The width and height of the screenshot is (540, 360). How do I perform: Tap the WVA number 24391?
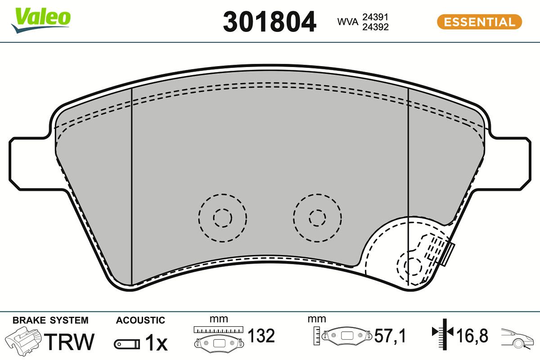pyautogui.click(x=375, y=17)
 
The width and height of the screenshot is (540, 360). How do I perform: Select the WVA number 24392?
pyautogui.click(x=375, y=27)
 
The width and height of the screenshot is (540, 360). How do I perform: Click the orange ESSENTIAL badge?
pyautogui.click(x=479, y=22)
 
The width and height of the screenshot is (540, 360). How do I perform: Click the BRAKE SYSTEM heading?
pyautogui.click(x=50, y=320)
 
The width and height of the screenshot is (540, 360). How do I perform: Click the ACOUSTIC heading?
pyautogui.click(x=140, y=320)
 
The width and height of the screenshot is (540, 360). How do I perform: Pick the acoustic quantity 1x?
pyautogui.click(x=156, y=344)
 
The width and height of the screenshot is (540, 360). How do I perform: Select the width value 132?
pyautogui.click(x=261, y=336)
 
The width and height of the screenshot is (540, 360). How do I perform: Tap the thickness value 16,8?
pyautogui.click(x=472, y=336)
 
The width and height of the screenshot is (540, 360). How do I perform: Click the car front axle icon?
pyautogui.click(x=517, y=337)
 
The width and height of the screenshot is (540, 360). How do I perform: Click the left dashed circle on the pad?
pyautogui.click(x=222, y=218)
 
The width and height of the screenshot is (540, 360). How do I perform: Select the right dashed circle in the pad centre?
pyautogui.click(x=317, y=218)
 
